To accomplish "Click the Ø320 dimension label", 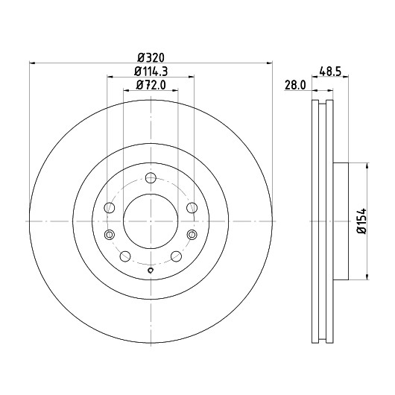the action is pyautogui.click(x=151, y=57).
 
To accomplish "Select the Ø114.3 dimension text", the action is pyautogui.click(x=151, y=72).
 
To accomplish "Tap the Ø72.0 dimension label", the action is pyautogui.click(x=151, y=85).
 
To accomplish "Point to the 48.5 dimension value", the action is pyautogui.click(x=330, y=72).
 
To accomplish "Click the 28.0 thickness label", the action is pyautogui.click(x=295, y=85).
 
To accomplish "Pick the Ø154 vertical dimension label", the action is pyautogui.click(x=362, y=221).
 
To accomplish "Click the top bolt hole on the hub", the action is pyautogui.click(x=151, y=178).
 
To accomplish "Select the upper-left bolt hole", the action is pyautogui.click(x=110, y=208).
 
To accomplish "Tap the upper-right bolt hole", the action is pyautogui.click(x=192, y=208).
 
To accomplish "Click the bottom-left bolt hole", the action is pyautogui.click(x=125, y=256).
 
